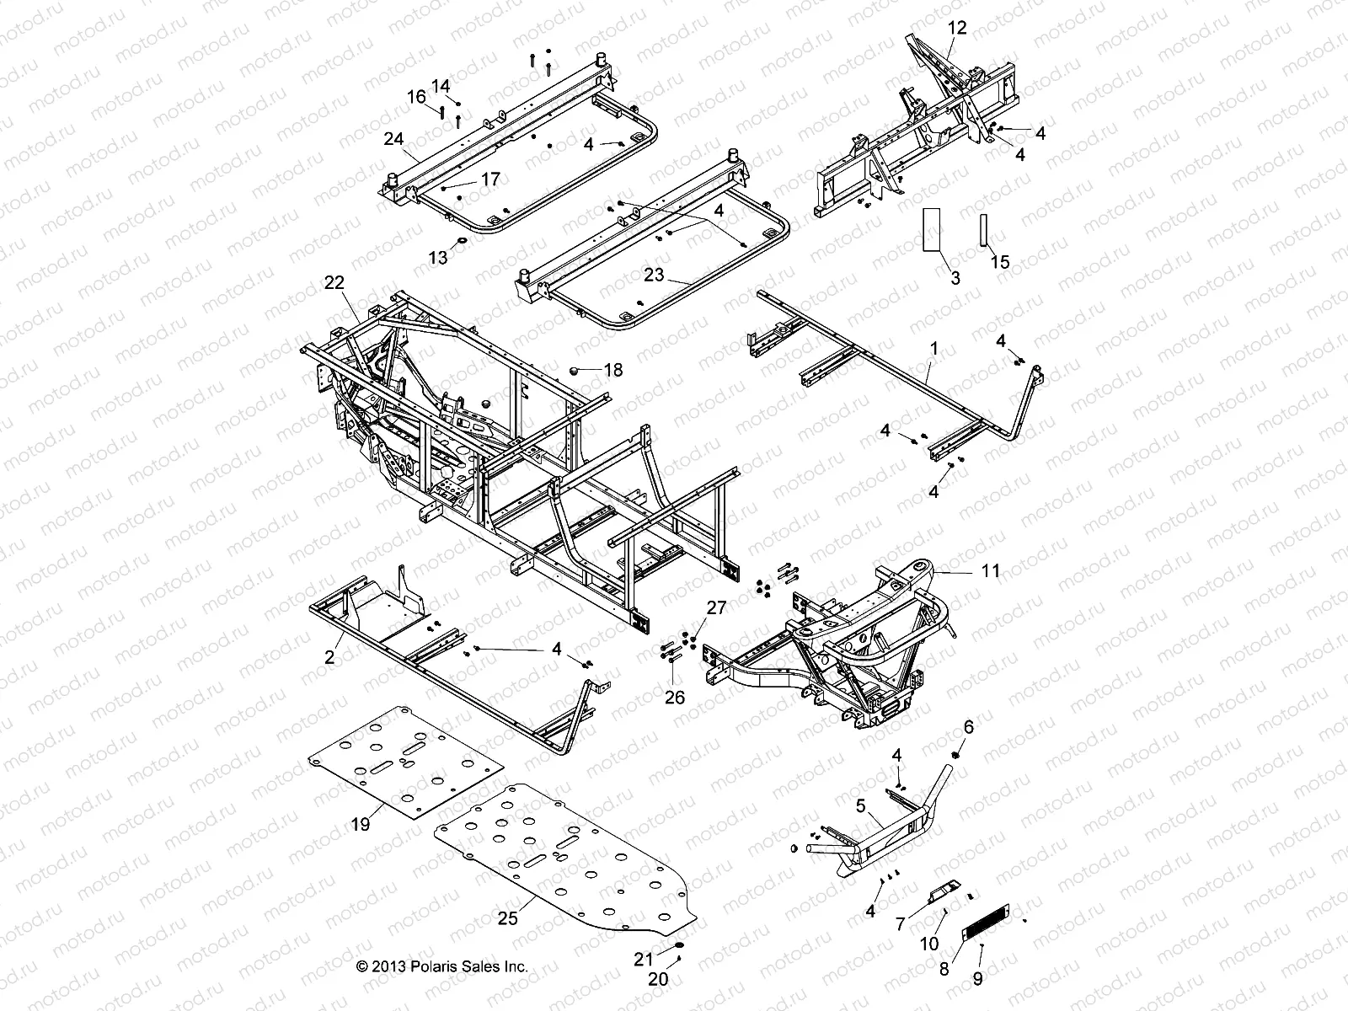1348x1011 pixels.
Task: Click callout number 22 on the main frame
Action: click(x=334, y=284)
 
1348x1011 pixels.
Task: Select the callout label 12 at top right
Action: click(x=957, y=28)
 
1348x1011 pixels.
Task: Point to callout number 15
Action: click(x=1000, y=263)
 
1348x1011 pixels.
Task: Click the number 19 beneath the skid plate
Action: click(x=360, y=825)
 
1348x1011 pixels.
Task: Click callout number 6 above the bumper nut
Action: click(x=968, y=727)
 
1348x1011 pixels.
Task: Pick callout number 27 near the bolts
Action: click(x=715, y=608)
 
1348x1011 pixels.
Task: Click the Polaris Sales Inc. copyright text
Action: click(x=441, y=967)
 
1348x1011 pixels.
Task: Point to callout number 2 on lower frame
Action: click(x=329, y=657)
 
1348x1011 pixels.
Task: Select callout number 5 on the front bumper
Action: click(x=860, y=805)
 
